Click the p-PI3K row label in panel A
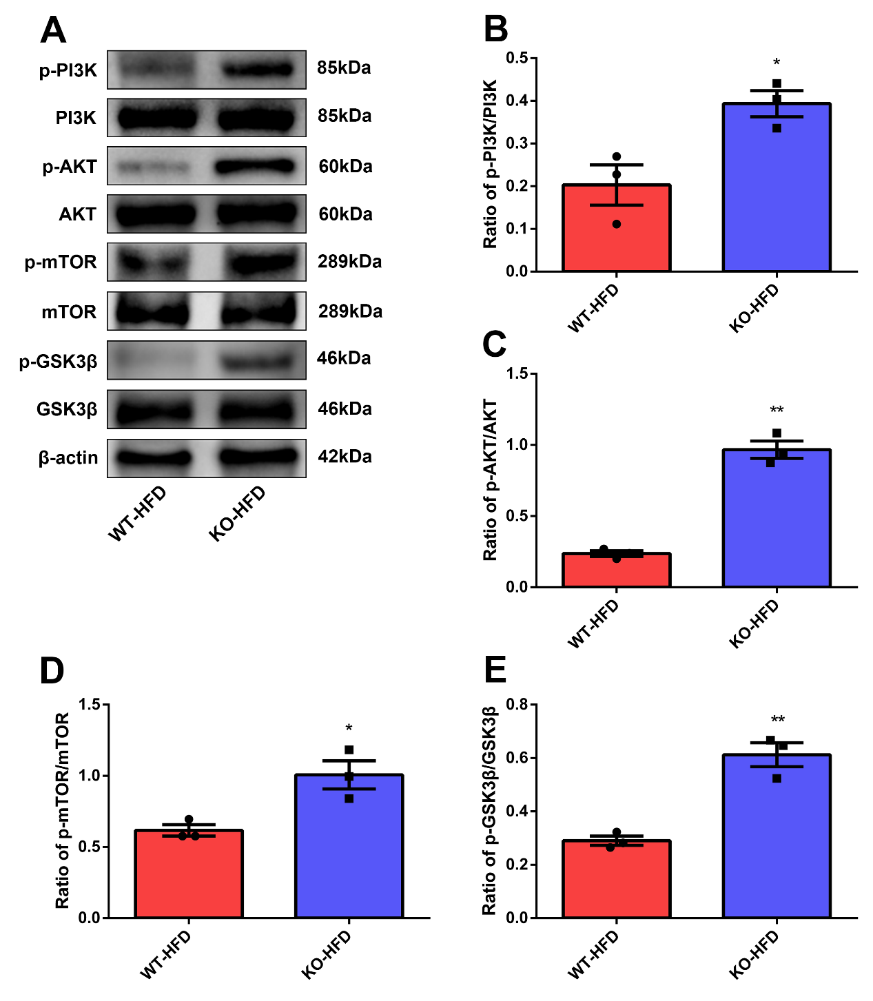[x=68, y=70]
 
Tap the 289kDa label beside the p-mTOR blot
[x=349, y=262]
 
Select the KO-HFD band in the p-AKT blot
[x=256, y=166]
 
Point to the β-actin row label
[x=68, y=458]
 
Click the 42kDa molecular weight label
[x=345, y=457]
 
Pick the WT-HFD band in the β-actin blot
[x=154, y=457]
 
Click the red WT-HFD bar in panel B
[x=616, y=229]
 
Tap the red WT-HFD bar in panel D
[x=188, y=874]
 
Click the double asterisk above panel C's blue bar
[x=777, y=411]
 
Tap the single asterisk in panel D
[x=349, y=728]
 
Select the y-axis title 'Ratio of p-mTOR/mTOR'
[x=63, y=810]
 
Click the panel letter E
[x=495, y=670]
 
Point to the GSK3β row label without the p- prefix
[x=67, y=410]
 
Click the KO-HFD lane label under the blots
[x=237, y=513]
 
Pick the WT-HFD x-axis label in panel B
[x=593, y=309]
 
